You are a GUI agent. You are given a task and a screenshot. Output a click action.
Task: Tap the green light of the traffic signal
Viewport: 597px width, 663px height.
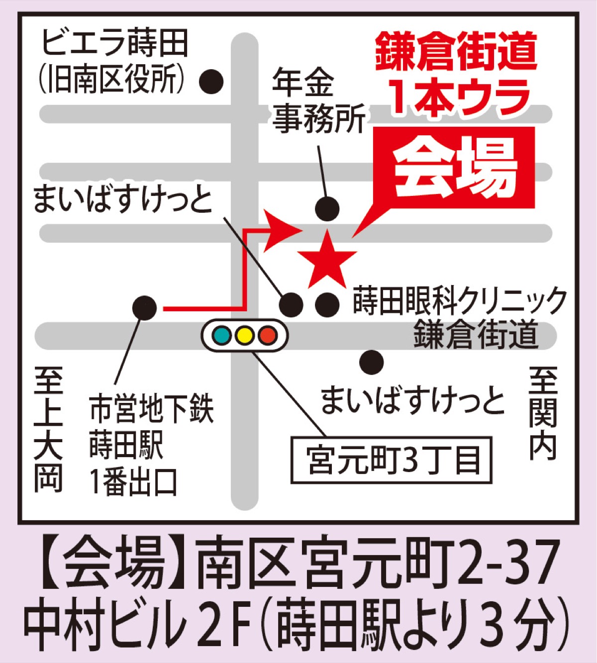[222, 335]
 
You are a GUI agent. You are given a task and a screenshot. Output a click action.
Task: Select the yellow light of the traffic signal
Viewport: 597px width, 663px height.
[245, 335]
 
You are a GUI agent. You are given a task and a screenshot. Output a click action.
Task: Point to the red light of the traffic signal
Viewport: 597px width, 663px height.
[268, 335]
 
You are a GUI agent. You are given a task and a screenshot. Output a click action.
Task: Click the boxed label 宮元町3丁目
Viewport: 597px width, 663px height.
[392, 460]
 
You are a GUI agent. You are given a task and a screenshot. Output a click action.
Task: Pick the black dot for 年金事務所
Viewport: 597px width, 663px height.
[327, 209]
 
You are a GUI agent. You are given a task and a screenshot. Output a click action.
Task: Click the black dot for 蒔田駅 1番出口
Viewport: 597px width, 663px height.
[144, 308]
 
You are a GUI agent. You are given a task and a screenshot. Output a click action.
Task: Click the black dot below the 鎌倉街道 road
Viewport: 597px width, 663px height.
[372, 363]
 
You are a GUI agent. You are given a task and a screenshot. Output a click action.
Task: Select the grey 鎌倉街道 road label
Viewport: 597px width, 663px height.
[476, 335]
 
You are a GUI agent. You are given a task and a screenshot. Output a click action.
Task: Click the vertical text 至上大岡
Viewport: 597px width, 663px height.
[48, 429]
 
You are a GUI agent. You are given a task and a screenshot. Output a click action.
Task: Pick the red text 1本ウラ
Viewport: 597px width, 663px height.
[460, 96]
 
